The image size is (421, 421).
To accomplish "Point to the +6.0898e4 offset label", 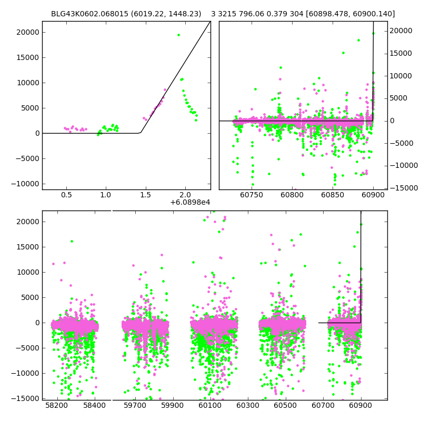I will point(190,202).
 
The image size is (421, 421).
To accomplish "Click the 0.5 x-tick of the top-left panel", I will point(66,195).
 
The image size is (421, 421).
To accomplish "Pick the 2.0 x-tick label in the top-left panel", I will point(185,195).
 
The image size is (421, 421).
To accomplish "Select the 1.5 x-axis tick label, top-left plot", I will point(146,195).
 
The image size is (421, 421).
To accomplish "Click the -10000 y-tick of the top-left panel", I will point(25,184).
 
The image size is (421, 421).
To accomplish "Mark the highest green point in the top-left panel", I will point(178,35).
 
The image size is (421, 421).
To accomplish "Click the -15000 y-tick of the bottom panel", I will point(25,398).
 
